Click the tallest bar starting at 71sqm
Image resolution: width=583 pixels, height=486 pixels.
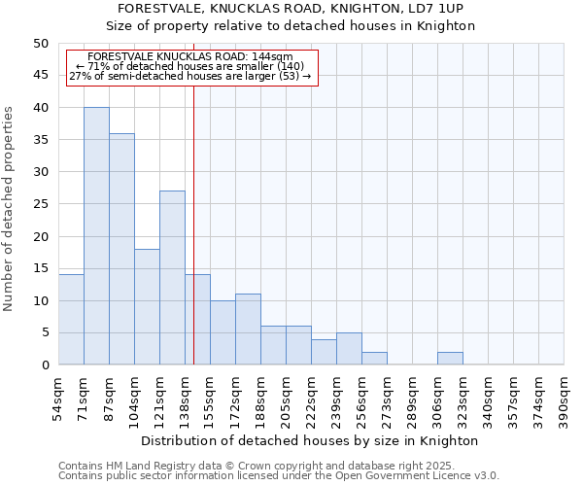click(96, 236)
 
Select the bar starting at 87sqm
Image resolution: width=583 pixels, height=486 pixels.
click(121, 249)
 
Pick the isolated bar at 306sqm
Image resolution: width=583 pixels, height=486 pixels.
click(450, 359)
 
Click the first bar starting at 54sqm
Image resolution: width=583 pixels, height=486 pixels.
click(71, 320)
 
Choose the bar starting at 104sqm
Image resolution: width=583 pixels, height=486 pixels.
click(147, 307)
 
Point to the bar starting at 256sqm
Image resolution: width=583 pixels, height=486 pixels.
click(374, 359)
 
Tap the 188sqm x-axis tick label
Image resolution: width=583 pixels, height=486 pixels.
click(260, 398)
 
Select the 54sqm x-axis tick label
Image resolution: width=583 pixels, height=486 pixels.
click(58, 398)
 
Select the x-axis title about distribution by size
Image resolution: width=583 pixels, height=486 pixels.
click(310, 440)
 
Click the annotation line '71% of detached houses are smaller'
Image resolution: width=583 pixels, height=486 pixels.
click(190, 66)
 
